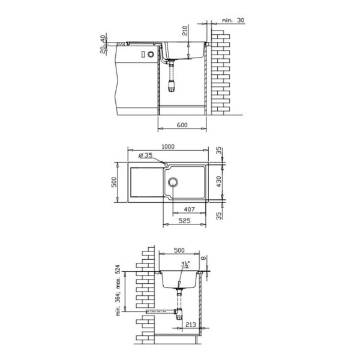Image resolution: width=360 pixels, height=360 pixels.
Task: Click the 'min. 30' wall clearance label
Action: click(233, 20)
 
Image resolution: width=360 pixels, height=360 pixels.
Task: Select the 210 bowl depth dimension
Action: click(185, 31)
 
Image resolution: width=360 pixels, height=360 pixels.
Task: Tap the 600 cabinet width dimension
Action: click(182, 125)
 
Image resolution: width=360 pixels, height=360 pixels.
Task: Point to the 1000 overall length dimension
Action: click(168, 146)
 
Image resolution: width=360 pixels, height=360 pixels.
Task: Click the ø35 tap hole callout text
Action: click(146, 155)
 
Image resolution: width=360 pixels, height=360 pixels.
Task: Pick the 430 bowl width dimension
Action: click(219, 181)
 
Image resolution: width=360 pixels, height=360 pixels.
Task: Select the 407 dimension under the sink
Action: click(189, 209)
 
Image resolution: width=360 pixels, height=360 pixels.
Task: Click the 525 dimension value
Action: click(185, 221)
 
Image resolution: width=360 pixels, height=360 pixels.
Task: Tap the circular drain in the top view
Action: click(173, 182)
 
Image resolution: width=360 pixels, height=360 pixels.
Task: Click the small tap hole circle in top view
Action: click(166, 164)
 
